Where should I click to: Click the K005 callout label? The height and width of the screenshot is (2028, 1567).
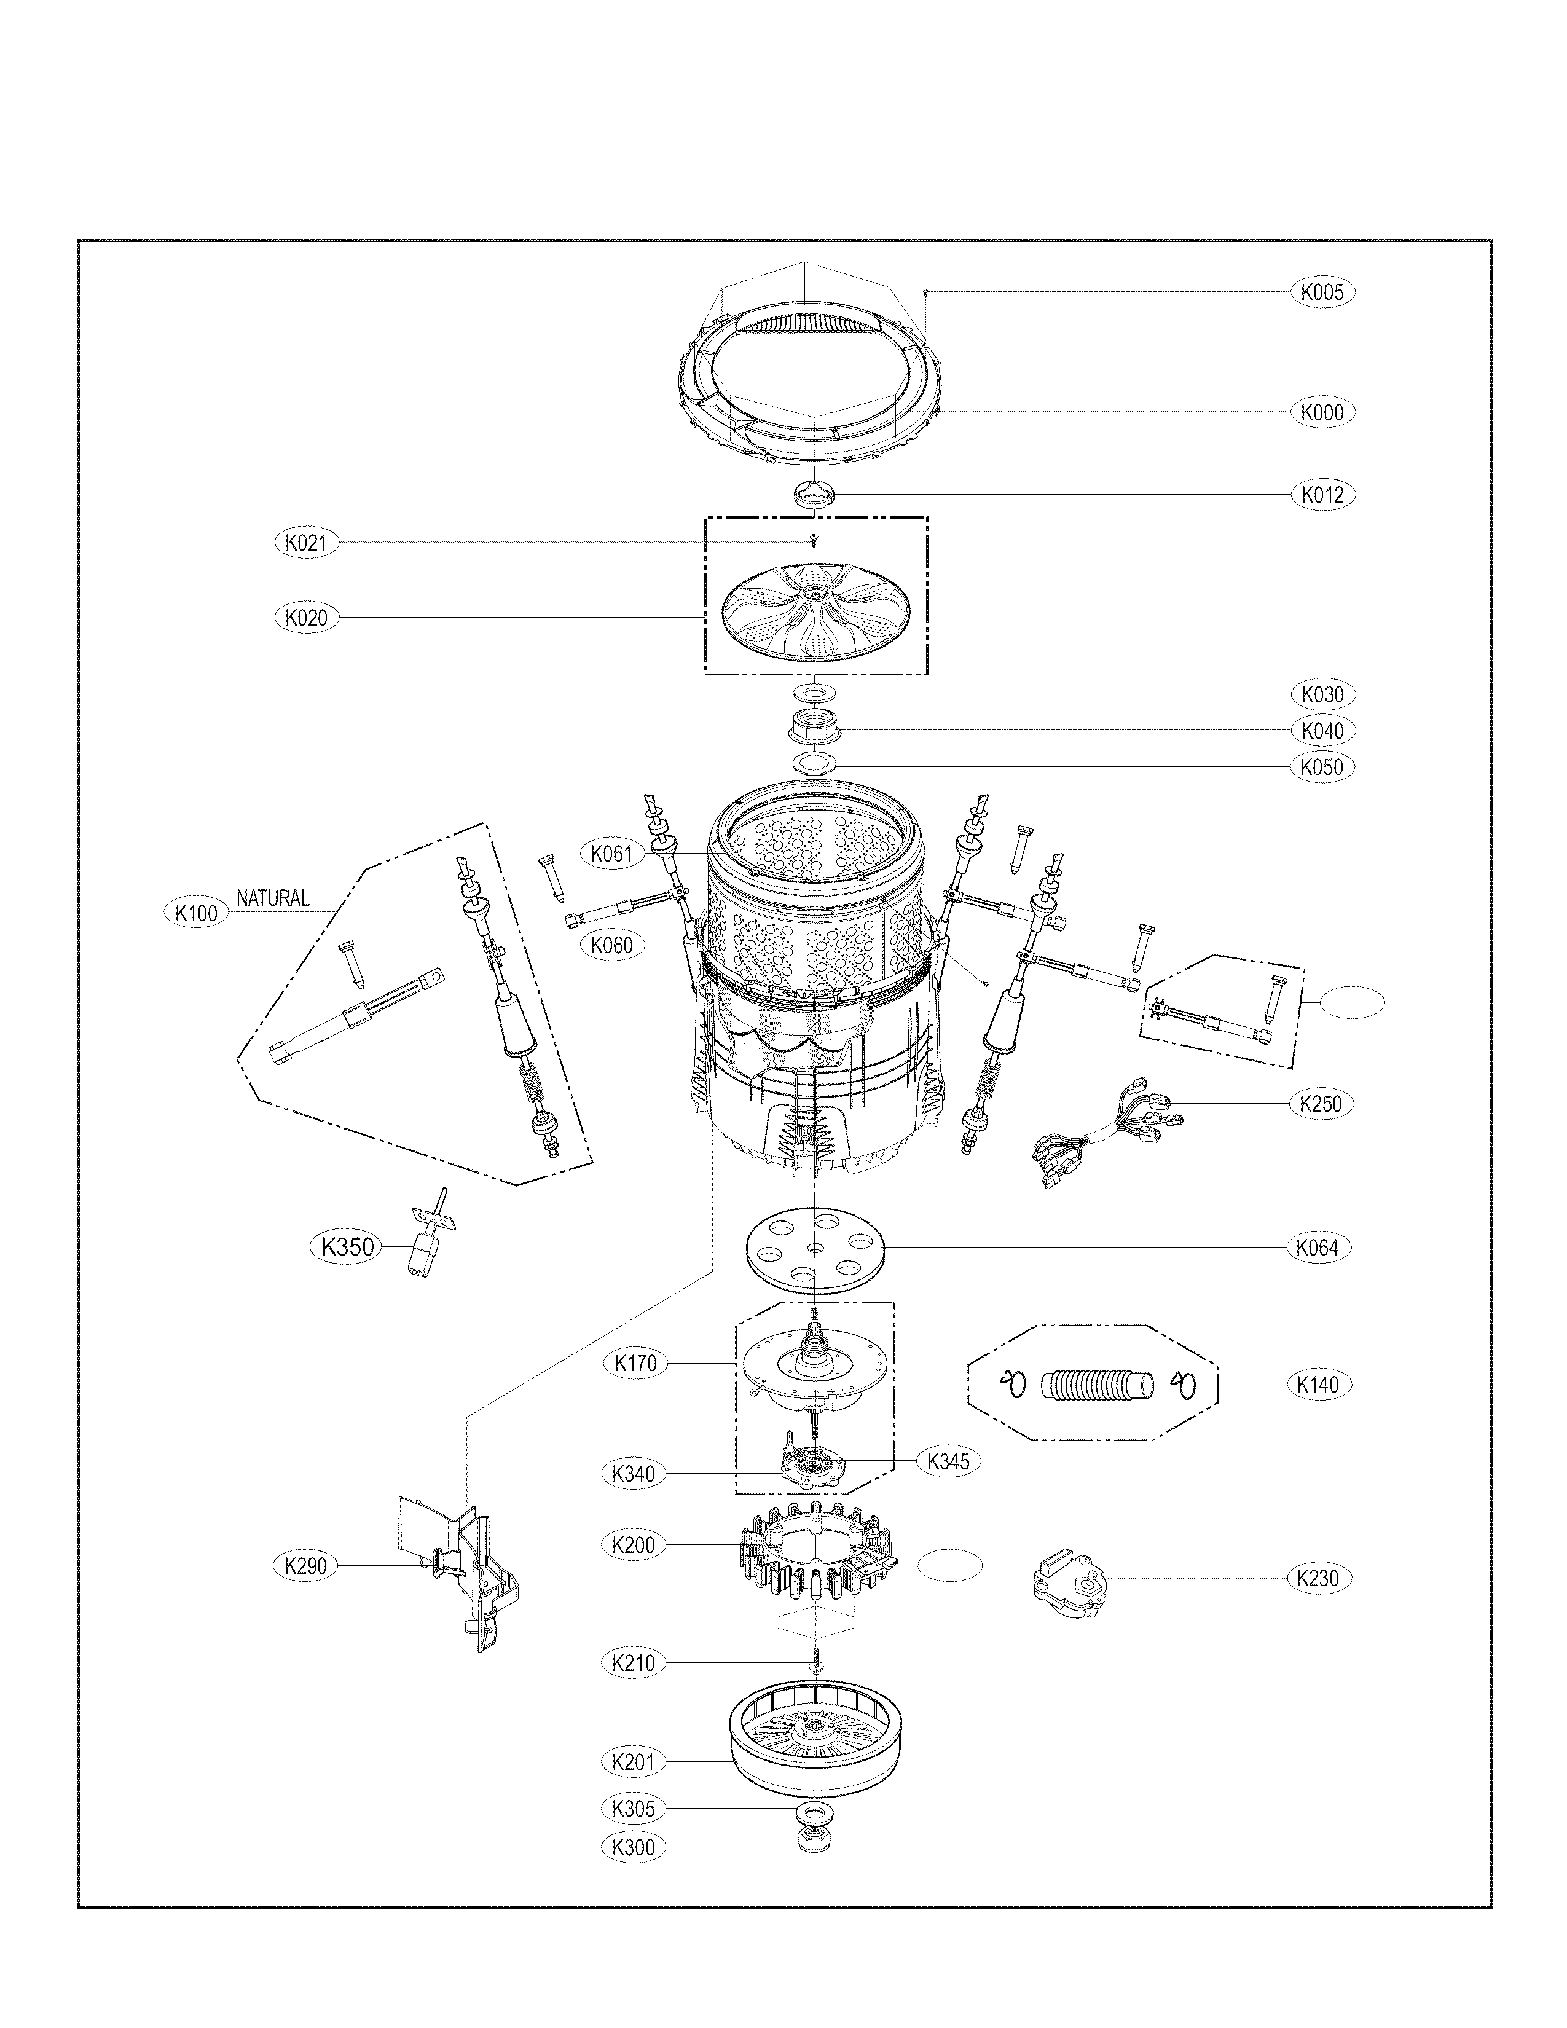click(x=1322, y=291)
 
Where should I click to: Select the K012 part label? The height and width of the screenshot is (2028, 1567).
click(x=1322, y=495)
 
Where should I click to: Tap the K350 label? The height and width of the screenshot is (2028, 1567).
click(x=347, y=1247)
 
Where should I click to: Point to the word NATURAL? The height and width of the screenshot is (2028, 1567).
click(x=272, y=898)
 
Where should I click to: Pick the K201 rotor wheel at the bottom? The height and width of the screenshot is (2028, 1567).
click(x=814, y=1742)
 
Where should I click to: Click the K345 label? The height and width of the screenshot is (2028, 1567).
click(x=948, y=1461)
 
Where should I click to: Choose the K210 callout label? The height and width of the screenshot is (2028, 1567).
click(x=634, y=1662)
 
